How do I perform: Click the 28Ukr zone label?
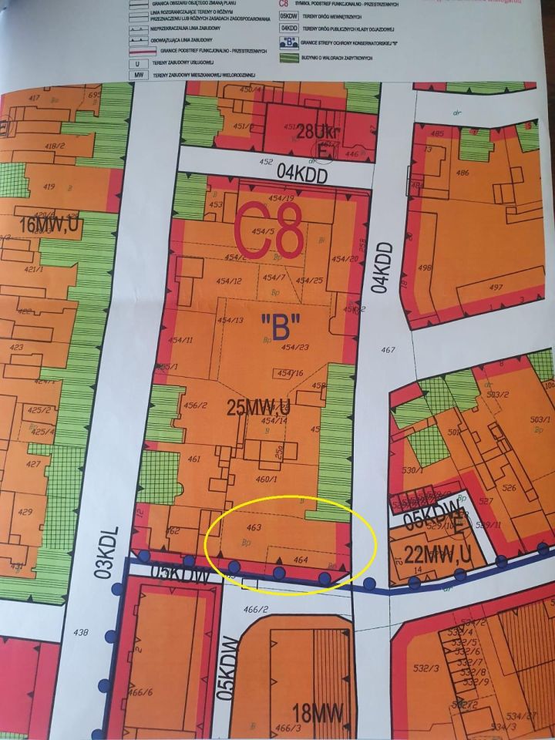click(318, 131)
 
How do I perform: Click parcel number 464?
click(301, 560)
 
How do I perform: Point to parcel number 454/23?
click(294, 347)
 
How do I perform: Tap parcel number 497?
click(495, 288)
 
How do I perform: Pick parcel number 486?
click(462, 173)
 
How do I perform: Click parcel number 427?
click(33, 465)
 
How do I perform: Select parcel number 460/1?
click(265, 479)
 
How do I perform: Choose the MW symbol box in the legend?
click(140, 74)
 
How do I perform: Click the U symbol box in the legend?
click(140, 63)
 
